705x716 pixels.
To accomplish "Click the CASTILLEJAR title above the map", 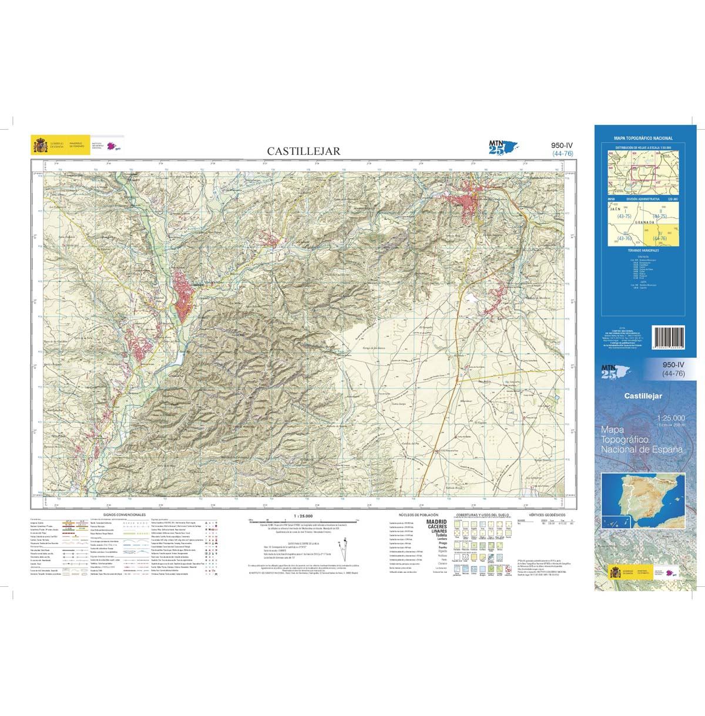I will click(x=303, y=151).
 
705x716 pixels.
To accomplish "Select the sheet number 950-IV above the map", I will click(x=562, y=146).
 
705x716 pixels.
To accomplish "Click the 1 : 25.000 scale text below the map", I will click(x=302, y=515).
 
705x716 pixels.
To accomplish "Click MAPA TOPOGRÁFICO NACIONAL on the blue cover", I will click(x=643, y=138).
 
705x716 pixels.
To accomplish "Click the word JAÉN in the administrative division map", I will click(x=616, y=208).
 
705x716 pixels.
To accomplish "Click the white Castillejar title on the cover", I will click(x=643, y=396).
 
